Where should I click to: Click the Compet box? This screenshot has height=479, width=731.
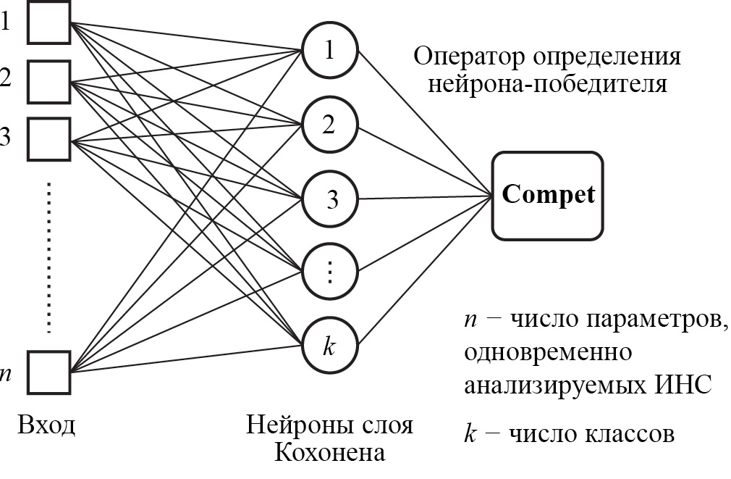click(x=548, y=196)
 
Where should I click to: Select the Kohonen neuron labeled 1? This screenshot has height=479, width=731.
click(x=330, y=51)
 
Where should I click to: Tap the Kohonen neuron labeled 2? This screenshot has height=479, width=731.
click(x=330, y=125)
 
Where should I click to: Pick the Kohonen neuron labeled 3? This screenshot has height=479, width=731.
click(x=330, y=199)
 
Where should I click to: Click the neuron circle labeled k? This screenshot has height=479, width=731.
click(x=330, y=346)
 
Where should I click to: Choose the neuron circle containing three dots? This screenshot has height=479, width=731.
click(x=330, y=273)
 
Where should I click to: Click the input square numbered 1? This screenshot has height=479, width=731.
click(x=49, y=22)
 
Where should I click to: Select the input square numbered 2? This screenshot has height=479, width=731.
click(x=49, y=80)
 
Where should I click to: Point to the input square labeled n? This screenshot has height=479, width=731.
click(x=49, y=371)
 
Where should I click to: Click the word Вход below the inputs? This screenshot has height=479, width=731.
click(x=46, y=424)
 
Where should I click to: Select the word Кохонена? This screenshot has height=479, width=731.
click(x=329, y=453)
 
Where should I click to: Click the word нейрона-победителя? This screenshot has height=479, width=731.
click(x=546, y=85)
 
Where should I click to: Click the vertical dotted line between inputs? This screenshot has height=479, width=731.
click(x=49, y=257)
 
